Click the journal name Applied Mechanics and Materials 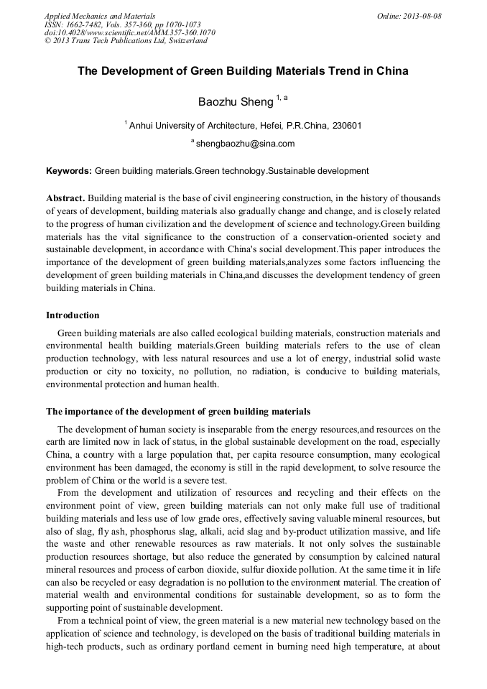point(100,15)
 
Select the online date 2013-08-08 point(421,15)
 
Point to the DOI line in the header point(129,32)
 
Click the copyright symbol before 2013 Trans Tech point(47,41)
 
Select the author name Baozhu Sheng point(236,102)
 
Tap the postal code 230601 point(346,126)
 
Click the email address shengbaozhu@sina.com point(245,144)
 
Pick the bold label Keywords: point(69,171)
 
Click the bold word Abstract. point(65,198)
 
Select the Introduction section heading point(73,315)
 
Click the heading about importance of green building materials point(178,412)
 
